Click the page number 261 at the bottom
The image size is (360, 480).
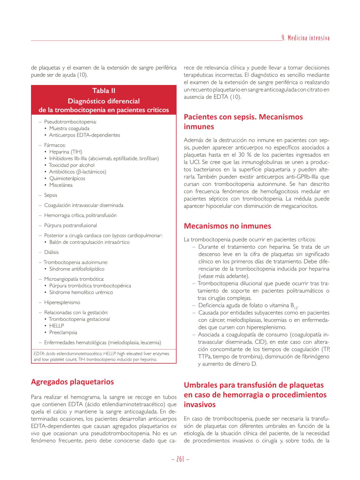180,459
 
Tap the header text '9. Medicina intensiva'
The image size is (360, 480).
305,38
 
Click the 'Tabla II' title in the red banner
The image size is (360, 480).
104,91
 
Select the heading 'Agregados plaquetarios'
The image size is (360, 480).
72,382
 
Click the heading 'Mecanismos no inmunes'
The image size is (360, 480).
227,226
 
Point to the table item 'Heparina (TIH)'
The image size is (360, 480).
66,152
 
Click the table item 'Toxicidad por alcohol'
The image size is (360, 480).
72,165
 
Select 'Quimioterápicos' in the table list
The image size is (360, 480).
67,179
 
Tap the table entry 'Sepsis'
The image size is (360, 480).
51,195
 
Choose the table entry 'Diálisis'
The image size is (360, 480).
52,252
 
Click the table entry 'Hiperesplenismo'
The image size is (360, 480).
62,303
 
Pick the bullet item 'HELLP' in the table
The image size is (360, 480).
56,326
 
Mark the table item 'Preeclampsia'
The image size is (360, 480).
63,332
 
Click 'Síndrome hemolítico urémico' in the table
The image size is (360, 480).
81,292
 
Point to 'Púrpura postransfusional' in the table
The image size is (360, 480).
71,225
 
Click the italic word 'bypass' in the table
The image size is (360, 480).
119,236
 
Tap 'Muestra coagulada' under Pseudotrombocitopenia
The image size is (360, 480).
69,128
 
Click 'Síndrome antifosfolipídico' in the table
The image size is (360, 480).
77,269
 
